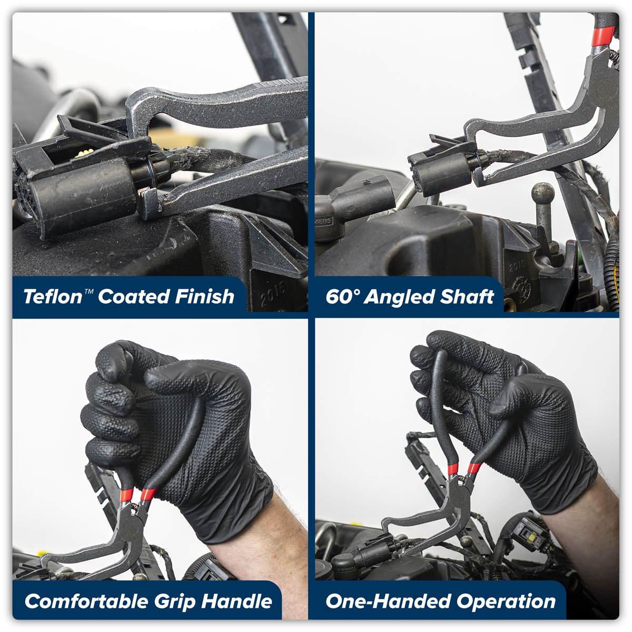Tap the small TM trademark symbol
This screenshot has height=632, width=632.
[88, 291]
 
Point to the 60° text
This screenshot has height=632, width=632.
[342, 297]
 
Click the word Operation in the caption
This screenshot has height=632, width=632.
[506, 601]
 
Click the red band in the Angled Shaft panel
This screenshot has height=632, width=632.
[603, 36]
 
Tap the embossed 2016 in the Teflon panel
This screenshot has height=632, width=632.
[272, 293]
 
